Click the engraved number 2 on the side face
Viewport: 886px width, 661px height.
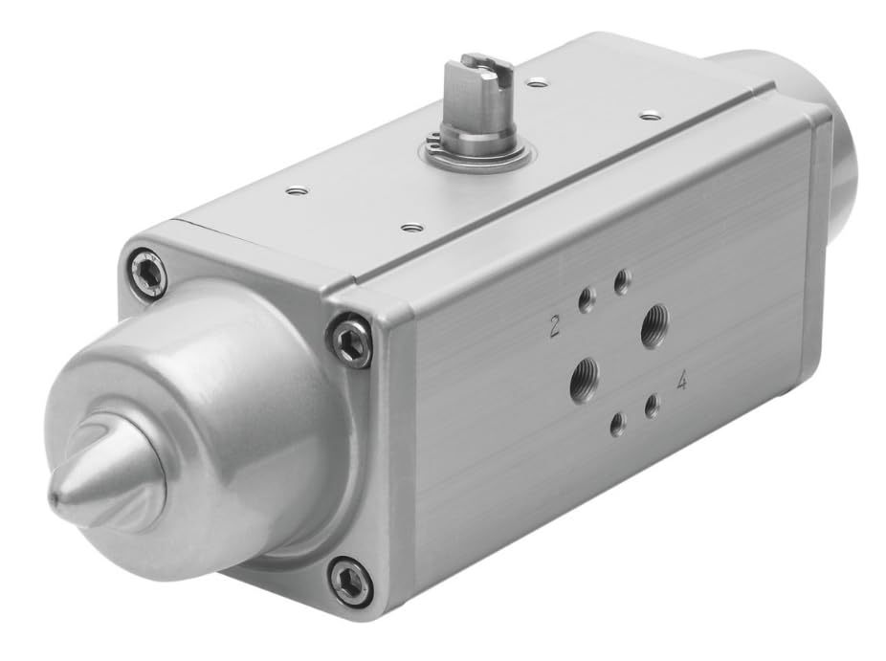click(x=554, y=328)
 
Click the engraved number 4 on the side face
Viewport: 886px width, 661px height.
click(x=681, y=382)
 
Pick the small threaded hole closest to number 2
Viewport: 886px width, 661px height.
click(x=586, y=303)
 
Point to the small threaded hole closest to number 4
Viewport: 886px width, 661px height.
click(x=652, y=407)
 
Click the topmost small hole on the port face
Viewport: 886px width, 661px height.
click(x=622, y=281)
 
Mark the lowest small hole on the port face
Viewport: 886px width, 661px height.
click(x=618, y=422)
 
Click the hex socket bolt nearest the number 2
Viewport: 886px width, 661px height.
click(x=351, y=341)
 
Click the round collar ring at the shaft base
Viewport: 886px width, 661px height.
click(x=476, y=153)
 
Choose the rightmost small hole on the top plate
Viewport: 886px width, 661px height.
click(x=651, y=116)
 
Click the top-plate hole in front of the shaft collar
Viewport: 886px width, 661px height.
click(x=411, y=228)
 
